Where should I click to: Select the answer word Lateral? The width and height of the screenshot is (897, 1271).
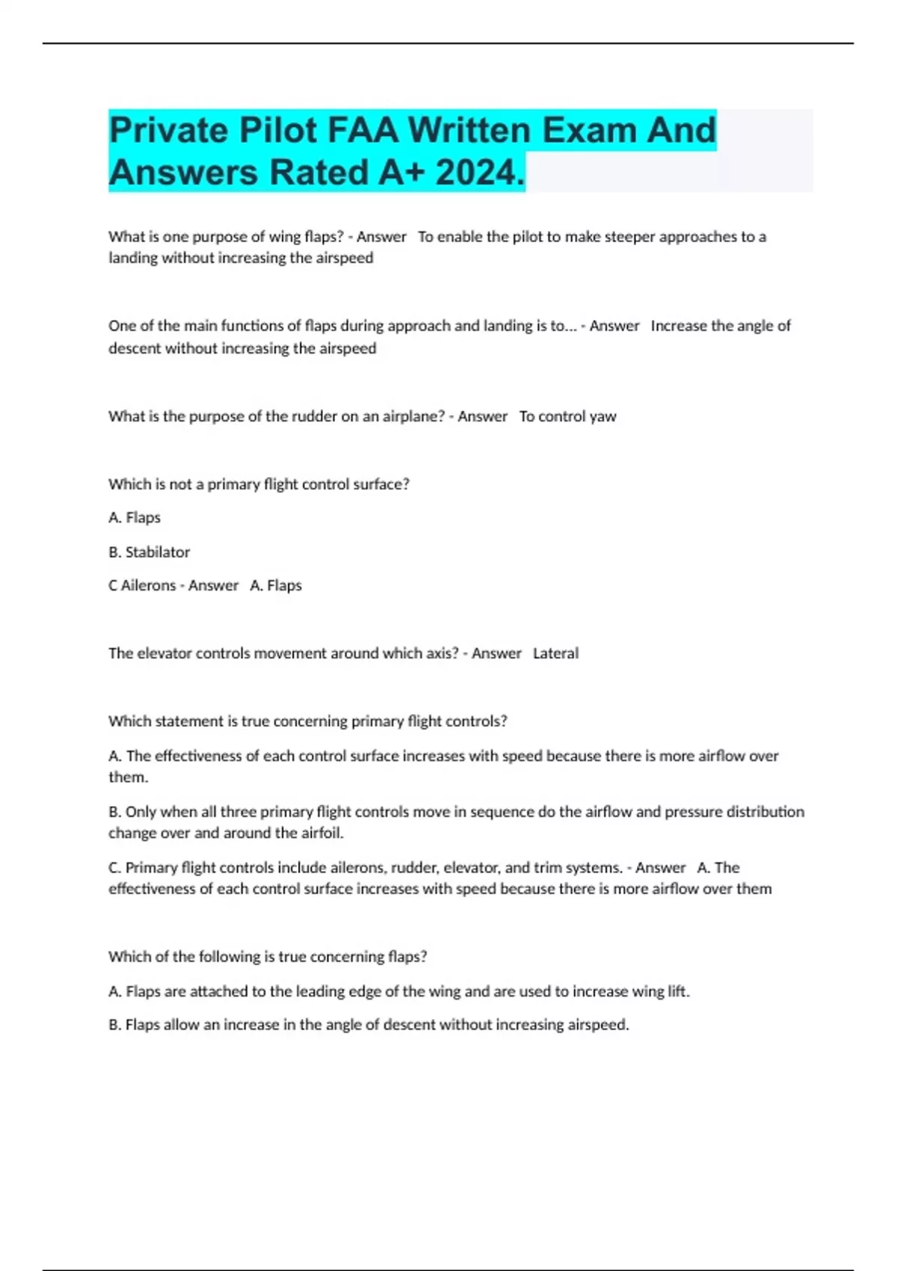click(x=555, y=653)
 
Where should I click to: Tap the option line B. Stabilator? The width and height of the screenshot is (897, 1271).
click(x=149, y=553)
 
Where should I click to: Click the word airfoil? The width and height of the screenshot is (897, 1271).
click(x=322, y=833)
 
